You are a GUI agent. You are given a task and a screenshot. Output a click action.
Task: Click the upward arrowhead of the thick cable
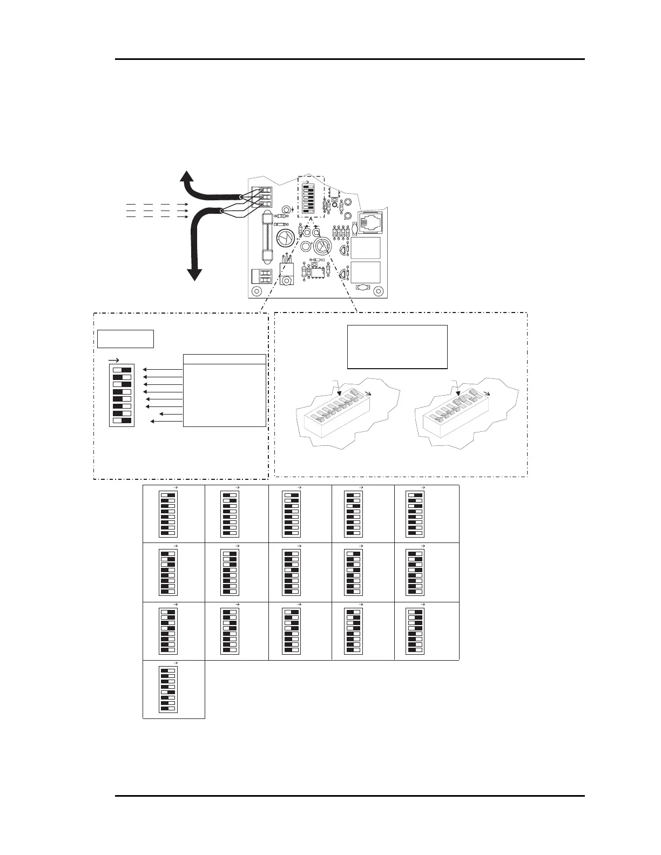coord(186,177)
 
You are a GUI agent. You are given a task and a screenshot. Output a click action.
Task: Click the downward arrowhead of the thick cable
coord(195,274)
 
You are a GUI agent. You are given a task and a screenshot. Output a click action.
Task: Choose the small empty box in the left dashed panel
coord(125,339)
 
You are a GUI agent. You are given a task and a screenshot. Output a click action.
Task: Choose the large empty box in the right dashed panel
coord(397,347)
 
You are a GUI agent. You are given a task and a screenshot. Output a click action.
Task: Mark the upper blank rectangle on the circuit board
coord(366,248)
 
